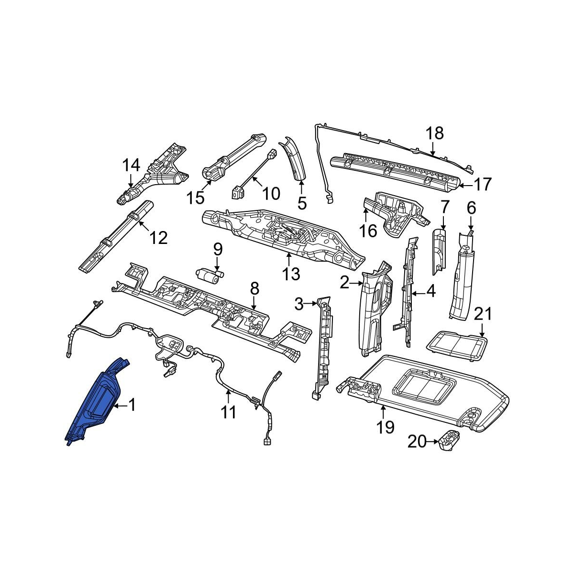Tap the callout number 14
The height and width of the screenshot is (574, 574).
[132, 165]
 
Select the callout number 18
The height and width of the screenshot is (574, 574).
[435, 133]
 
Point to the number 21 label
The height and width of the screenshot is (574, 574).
[483, 314]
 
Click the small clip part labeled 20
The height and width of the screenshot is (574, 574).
[448, 442]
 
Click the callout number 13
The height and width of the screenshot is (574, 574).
[291, 274]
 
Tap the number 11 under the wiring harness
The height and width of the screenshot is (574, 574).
[229, 412]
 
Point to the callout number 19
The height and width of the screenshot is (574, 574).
[385, 427]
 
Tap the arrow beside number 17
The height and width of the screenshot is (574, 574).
[465, 186]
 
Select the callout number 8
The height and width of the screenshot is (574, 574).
[255, 288]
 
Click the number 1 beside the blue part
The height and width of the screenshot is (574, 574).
[132, 405]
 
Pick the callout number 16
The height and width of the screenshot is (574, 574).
[368, 231]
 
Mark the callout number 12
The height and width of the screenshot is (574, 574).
[159, 238]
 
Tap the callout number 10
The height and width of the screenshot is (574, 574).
[271, 194]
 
